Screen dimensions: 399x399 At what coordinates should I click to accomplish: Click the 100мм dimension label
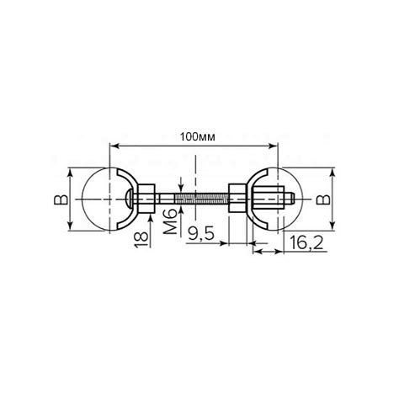click(x=198, y=137)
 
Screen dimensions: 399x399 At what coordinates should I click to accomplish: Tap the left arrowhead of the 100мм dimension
click(x=114, y=146)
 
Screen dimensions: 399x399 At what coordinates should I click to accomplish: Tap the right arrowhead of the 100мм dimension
click(x=274, y=146)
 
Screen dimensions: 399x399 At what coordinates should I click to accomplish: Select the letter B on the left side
click(x=61, y=199)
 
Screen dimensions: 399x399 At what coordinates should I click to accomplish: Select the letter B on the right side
click(x=323, y=199)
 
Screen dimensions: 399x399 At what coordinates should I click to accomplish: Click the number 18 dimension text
click(x=141, y=240)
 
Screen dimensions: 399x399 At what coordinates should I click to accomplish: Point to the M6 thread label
click(x=170, y=221)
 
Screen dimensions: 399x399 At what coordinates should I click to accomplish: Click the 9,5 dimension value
click(x=201, y=234)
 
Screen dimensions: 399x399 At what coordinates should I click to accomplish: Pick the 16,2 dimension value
click(x=306, y=242)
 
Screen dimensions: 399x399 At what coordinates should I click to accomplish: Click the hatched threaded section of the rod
click(x=202, y=199)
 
